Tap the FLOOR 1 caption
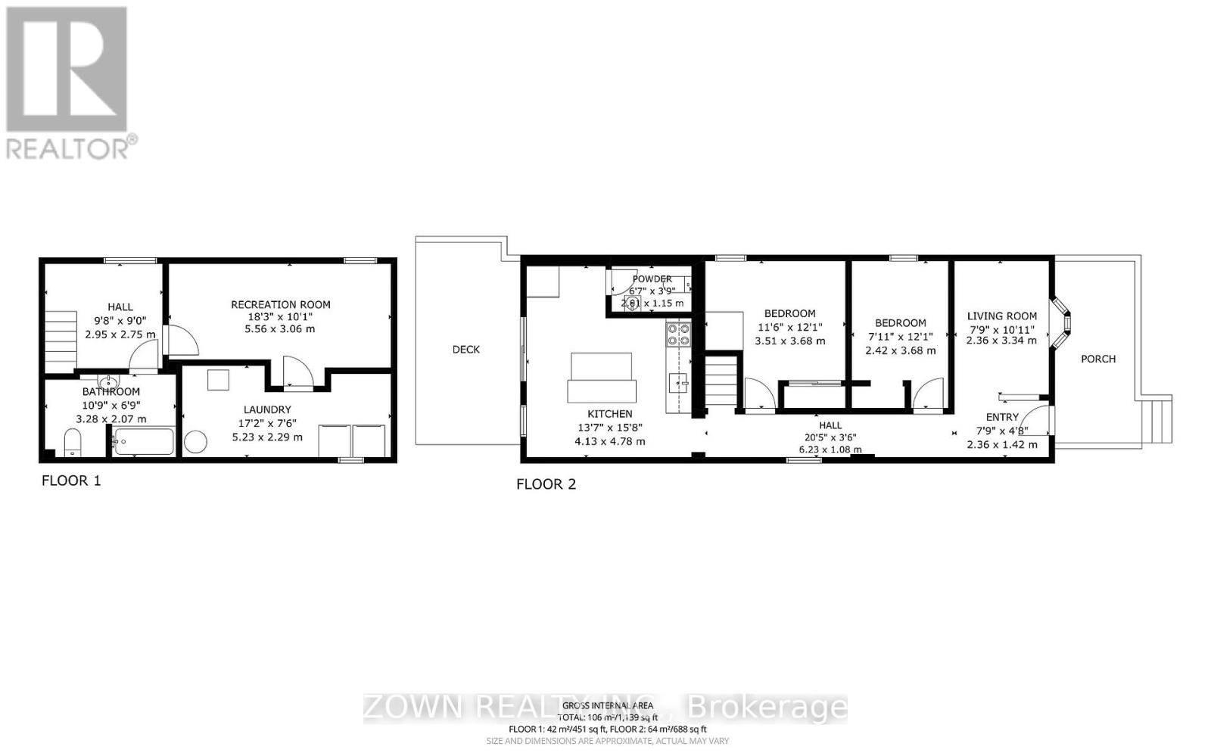pos(71,481)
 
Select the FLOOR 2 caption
pos(546,484)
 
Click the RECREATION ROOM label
pos(281,305)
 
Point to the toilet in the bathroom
pos(73,441)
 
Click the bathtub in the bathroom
pos(144,441)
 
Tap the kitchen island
pos(602,378)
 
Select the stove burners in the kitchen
pos(677,334)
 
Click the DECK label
pos(466,350)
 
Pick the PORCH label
pos(1098,359)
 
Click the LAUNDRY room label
pos(267,409)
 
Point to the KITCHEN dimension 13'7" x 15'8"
pos(610,428)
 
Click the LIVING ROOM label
pos(1001,316)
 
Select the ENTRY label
pos(1002,417)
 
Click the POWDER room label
pos(652,279)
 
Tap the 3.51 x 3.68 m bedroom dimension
pos(789,341)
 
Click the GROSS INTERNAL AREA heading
pos(607,705)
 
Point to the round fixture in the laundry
pos(196,443)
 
